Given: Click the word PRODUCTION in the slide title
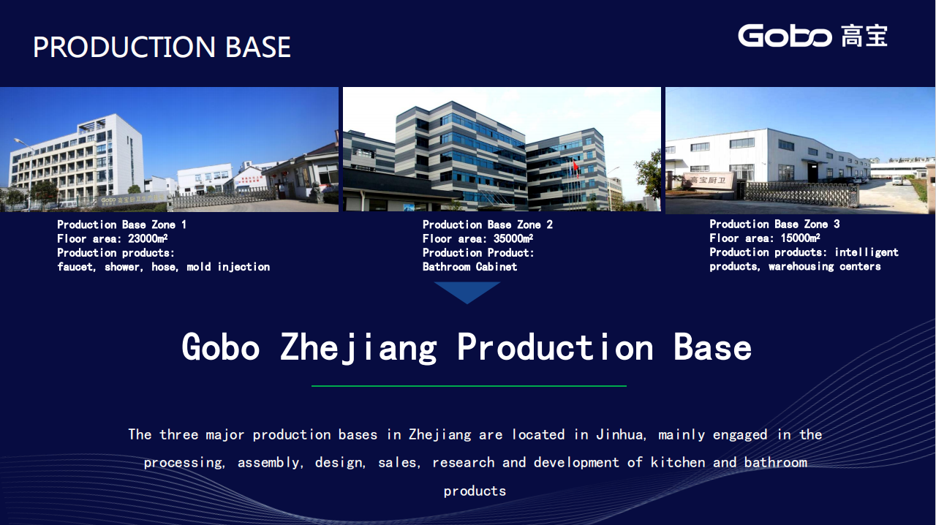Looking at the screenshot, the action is coord(124,47).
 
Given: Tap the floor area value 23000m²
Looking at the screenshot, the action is coord(148,238).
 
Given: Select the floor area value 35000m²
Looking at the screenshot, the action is coord(513,238).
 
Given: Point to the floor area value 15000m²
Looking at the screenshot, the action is coord(800,238).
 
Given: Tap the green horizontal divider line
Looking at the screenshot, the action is coord(469,386).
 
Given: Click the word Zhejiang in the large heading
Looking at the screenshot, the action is coord(358,348).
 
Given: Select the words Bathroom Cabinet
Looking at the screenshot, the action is coord(469,267).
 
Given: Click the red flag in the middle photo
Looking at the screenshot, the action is coord(575,167).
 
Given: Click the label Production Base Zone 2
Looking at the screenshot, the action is coord(487,224).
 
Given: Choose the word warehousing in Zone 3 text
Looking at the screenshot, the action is coord(801,266).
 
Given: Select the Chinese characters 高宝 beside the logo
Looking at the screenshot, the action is coord(864,36).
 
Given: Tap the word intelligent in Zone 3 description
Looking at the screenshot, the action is coord(867,252).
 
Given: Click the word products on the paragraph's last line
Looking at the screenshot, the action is coord(475,491).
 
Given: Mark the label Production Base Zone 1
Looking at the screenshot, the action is coord(121,224).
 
